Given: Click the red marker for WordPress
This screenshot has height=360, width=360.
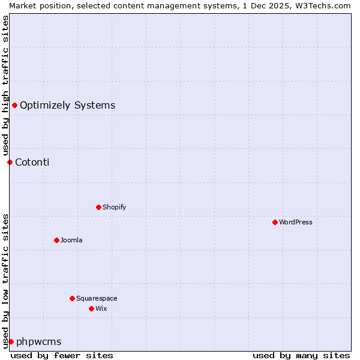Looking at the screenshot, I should click(275, 222).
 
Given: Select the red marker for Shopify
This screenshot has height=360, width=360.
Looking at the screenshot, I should click(98, 207).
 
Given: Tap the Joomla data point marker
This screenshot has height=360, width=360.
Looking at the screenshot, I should click(56, 240).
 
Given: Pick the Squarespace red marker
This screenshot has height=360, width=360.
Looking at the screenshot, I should click(72, 298).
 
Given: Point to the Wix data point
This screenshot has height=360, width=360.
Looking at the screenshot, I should click(91, 308).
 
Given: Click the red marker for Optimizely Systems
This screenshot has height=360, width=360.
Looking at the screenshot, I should click(14, 106).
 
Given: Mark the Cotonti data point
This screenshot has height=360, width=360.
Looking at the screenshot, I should click(10, 162).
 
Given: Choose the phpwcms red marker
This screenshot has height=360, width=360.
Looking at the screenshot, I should click(11, 341).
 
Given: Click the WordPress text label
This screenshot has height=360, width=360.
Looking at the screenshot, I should click(296, 222).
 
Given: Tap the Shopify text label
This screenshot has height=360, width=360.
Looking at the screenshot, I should click(114, 207).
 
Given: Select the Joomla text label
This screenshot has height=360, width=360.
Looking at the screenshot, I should click(71, 240).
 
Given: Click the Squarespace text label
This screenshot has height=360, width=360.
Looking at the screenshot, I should click(97, 298).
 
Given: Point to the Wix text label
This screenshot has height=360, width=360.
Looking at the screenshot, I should click(101, 308).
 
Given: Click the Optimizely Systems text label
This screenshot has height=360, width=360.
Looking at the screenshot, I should click(67, 106).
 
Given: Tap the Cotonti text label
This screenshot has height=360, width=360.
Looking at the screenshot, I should click(32, 162).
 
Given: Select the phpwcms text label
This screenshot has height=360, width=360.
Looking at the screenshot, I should click(38, 341).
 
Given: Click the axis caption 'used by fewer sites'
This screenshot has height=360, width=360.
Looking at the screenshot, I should click(62, 355).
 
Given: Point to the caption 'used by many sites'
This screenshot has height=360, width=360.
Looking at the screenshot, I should click(301, 355).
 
